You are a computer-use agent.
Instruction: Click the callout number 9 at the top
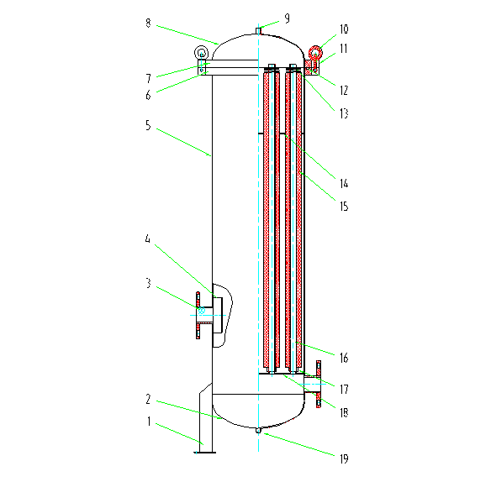point(288,18)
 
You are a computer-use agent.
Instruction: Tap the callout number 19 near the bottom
point(344,458)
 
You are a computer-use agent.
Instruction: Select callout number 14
point(344,183)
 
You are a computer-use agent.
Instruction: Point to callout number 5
point(148,125)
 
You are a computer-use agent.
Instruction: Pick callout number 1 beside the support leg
point(149,422)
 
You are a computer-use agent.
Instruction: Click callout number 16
point(344,358)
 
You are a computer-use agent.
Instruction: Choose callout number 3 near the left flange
point(149,283)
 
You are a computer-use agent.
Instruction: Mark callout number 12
point(344,91)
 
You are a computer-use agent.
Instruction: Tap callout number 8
point(148,23)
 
